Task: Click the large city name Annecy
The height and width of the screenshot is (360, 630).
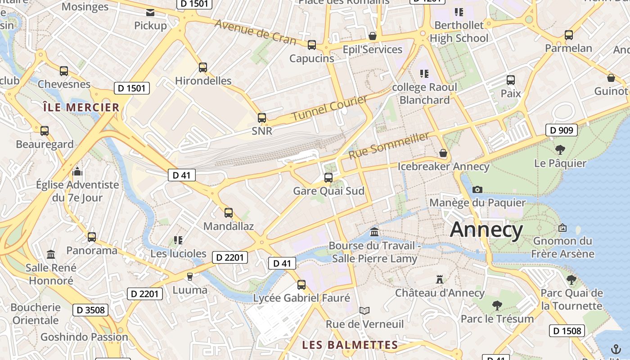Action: (x=486, y=229)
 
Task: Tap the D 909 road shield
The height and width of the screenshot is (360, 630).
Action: (x=562, y=130)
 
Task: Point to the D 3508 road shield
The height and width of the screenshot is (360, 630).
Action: (x=90, y=310)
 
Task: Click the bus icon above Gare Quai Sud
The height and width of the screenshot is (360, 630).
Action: (x=328, y=177)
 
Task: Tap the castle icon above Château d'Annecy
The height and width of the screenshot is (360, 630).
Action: (x=440, y=279)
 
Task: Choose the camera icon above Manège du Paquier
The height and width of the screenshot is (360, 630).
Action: (x=477, y=189)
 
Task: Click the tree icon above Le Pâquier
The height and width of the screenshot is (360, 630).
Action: (x=560, y=150)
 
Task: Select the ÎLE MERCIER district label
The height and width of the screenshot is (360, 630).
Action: (x=81, y=108)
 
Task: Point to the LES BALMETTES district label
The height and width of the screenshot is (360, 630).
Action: (x=350, y=345)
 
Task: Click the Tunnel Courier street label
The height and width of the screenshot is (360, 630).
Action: (x=330, y=108)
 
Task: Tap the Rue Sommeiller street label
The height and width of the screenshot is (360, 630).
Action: (x=389, y=145)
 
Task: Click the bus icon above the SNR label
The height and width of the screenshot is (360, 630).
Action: (x=262, y=118)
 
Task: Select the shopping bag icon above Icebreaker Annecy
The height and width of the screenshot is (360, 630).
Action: (x=443, y=153)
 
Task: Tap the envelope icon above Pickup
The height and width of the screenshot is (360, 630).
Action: (x=150, y=12)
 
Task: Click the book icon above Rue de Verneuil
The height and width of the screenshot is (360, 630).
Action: (x=364, y=310)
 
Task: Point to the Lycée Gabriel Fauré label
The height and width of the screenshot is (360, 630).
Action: (x=301, y=298)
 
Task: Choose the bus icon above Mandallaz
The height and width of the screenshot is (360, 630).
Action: (x=229, y=213)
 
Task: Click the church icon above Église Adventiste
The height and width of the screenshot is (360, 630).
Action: (x=77, y=171)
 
